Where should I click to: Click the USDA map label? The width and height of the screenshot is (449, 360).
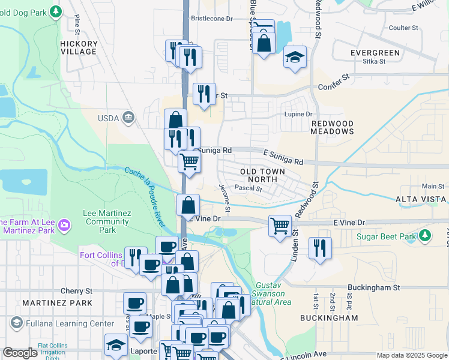pyautogui.click(x=108, y=118)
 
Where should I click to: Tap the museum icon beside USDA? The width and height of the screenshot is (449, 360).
pyautogui.click(x=128, y=118)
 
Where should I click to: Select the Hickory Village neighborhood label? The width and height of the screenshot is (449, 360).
pyautogui.click(x=79, y=48)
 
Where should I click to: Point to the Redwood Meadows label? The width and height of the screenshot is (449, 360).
pyautogui.click(x=332, y=127)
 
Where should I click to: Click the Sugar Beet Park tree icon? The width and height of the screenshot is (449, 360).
pyautogui.click(x=426, y=234)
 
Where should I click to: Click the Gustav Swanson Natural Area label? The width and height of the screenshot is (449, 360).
pyautogui.click(x=273, y=293)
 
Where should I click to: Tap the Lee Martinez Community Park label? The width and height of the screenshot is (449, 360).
pyautogui.click(x=107, y=221)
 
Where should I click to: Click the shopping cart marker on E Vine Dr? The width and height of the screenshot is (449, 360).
pyautogui.click(x=280, y=226)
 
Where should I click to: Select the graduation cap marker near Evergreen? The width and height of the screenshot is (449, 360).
pyautogui.click(x=295, y=57)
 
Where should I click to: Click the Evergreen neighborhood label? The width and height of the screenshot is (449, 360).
pyautogui.click(x=375, y=53)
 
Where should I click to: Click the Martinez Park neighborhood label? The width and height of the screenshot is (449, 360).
pyautogui.click(x=57, y=303)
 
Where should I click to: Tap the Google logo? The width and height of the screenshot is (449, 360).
pyautogui.click(x=20, y=353)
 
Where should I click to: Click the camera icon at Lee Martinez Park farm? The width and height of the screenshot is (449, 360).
pyautogui.click(x=64, y=226)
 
